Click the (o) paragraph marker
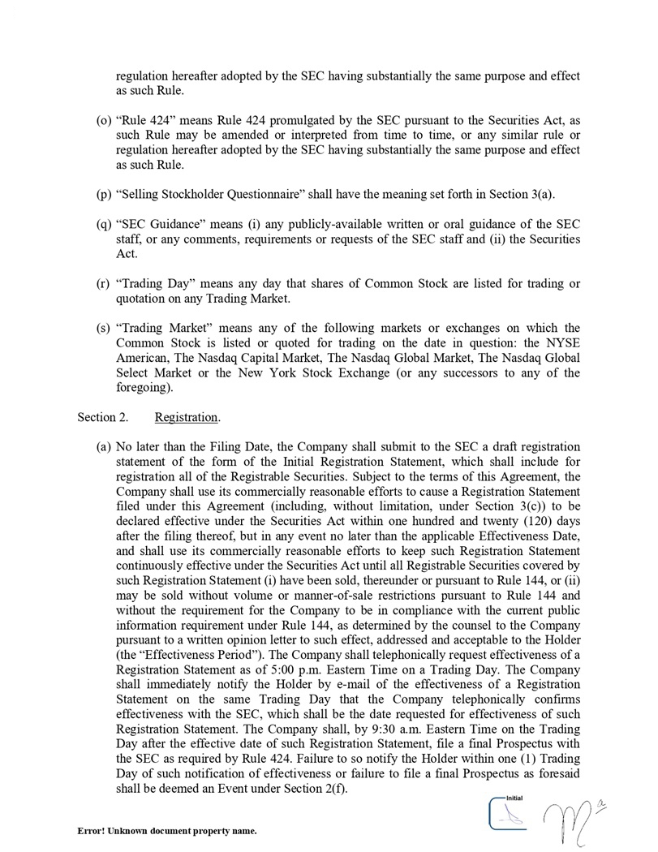coord(104,120)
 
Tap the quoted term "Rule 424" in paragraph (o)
coord(145,120)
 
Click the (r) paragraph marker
coord(103,283)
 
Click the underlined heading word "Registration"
coord(187,417)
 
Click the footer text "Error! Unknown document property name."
coord(167,832)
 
